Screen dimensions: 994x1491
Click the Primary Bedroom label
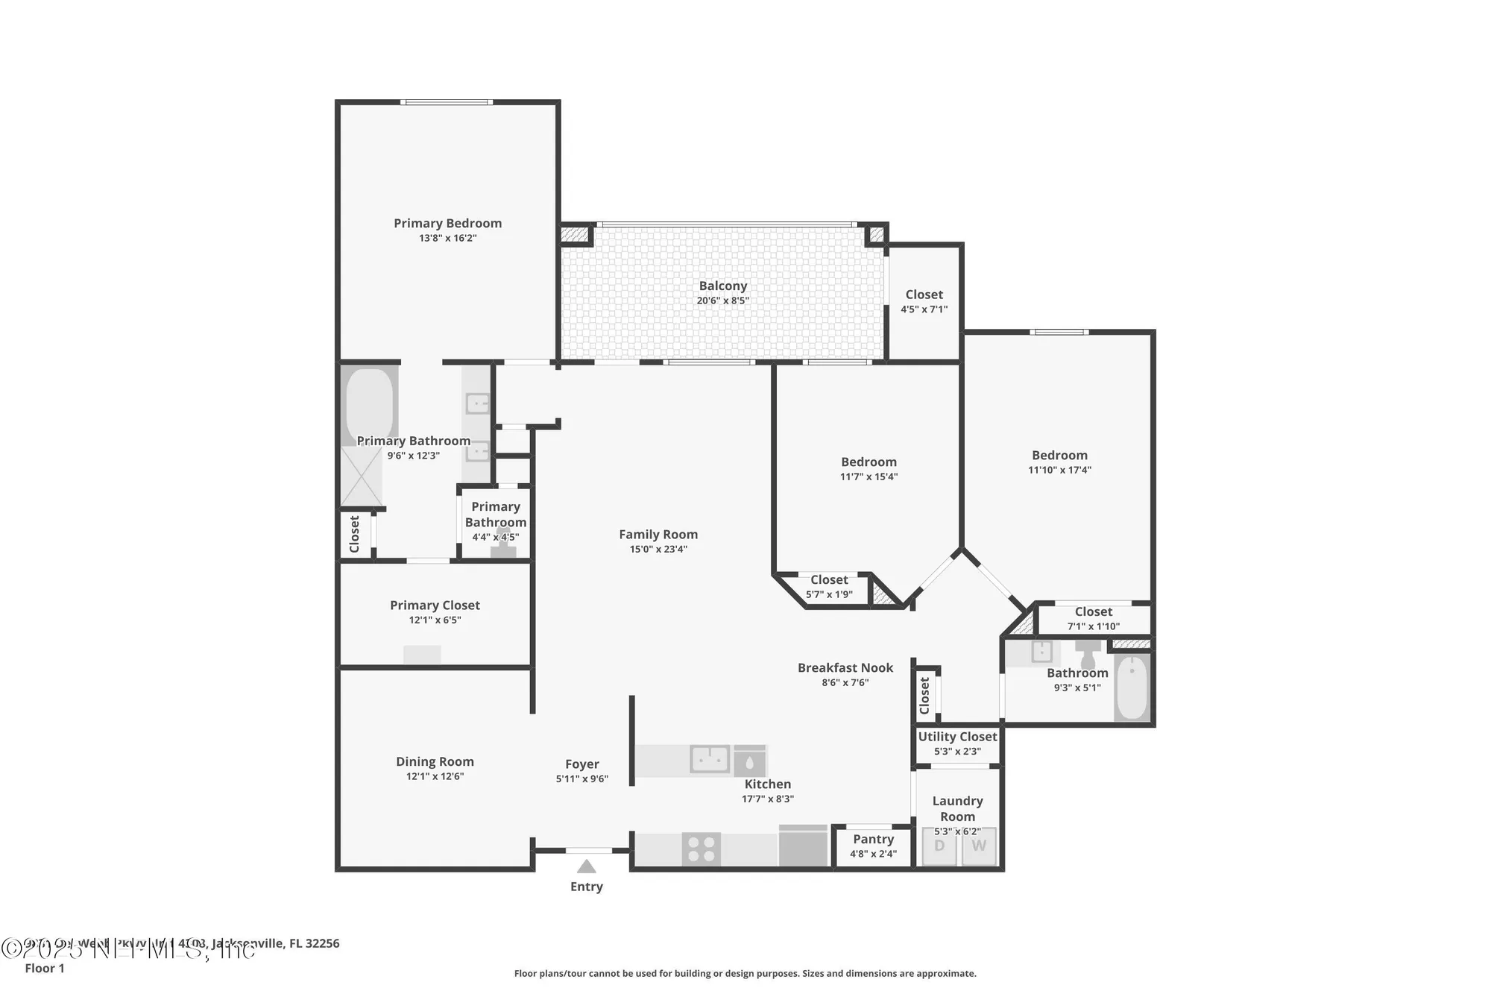coord(447,223)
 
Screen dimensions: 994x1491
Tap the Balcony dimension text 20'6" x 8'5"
coord(722,301)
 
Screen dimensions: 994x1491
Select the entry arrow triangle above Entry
coord(587,866)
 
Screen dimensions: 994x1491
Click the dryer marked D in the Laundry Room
coord(939,846)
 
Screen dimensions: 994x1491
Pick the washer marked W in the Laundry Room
coord(979,846)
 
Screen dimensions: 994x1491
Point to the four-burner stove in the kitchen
coord(701,849)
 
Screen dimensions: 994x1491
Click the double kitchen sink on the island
coord(709,759)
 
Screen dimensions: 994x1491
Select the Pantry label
coord(873,839)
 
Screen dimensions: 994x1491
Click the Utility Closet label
coord(957,737)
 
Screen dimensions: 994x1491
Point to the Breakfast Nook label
coord(845,667)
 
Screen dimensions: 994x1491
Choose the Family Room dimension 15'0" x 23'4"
coord(658,549)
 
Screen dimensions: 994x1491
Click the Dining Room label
coord(435,761)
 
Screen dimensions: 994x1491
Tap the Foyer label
coord(581,764)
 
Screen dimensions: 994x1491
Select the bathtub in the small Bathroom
coord(1132,686)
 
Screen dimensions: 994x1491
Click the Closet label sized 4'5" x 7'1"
coord(924,295)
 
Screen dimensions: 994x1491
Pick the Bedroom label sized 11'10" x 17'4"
coord(1059,455)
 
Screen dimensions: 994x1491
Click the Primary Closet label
coord(435,605)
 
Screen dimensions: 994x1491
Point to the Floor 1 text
coord(45,968)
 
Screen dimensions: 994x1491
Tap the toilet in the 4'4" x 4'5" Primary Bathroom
coord(503,545)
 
